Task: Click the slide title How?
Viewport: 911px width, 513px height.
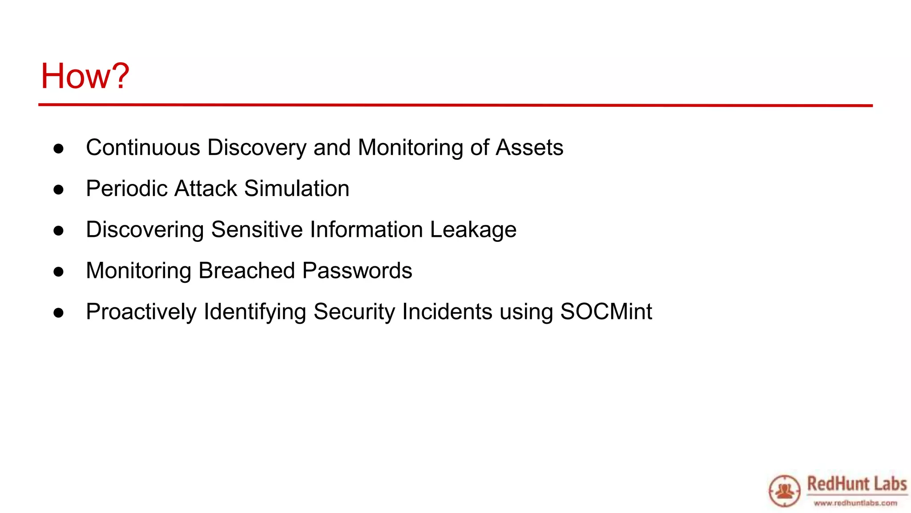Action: pos(85,76)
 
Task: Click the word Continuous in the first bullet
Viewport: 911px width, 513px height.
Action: pos(143,147)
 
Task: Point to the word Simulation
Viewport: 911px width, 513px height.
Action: pos(297,188)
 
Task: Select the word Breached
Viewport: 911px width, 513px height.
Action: pos(247,271)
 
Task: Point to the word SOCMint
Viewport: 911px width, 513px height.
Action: pos(606,312)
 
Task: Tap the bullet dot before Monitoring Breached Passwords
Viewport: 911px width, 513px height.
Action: pos(58,272)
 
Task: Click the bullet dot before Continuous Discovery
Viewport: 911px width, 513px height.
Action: pos(58,149)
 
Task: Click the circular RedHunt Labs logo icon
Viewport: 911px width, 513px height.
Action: pos(785,491)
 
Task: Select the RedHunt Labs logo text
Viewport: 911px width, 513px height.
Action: pos(857,484)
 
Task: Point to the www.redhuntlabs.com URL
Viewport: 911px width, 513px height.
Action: pos(855,503)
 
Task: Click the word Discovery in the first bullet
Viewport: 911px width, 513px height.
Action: pos(257,147)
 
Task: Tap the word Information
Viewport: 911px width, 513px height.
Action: pos(366,230)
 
